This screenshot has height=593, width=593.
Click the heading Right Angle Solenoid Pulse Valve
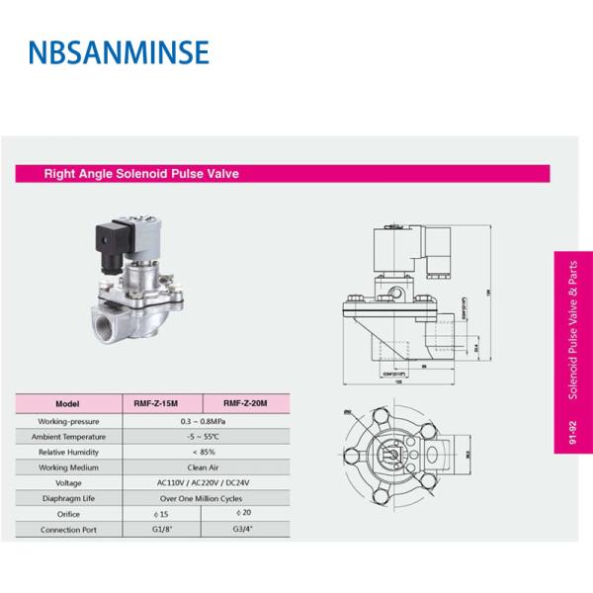pos(141,174)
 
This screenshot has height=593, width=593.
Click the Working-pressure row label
pos(67,421)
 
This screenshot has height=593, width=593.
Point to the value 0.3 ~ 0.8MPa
pos(202,421)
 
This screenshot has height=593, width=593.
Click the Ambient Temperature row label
pos(67,436)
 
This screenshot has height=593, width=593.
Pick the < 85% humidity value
pos(202,451)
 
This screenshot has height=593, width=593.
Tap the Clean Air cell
pos(202,466)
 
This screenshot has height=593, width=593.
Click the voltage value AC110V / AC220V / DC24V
pos(202,482)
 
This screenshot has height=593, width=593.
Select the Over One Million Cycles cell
pos(202,498)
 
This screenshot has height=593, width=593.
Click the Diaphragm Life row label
pos(67,498)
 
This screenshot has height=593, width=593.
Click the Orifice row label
pos(67,514)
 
